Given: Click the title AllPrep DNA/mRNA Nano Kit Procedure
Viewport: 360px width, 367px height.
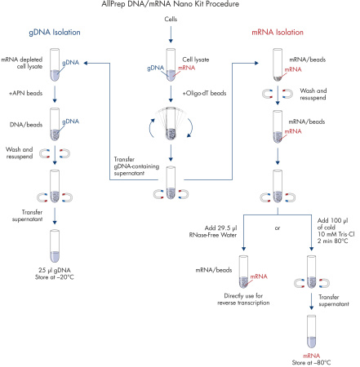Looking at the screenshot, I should pyautogui.click(x=179, y=6).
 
